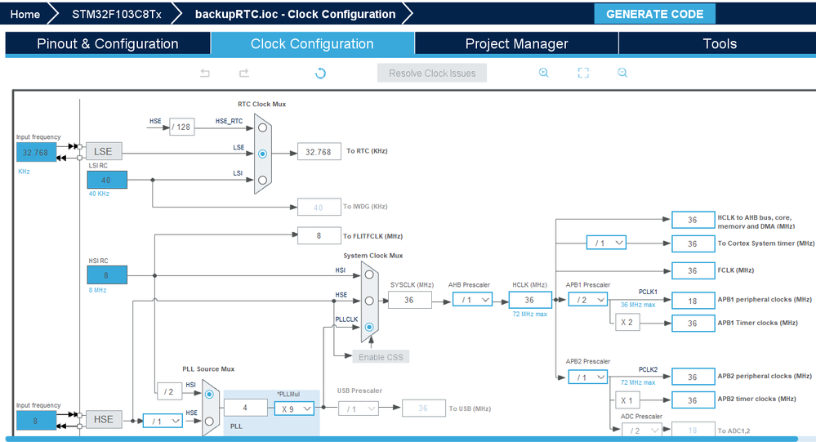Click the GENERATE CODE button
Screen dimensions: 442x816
654,14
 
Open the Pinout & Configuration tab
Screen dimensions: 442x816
108,44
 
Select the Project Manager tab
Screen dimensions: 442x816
516,44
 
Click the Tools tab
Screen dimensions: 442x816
720,44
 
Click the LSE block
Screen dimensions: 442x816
104,151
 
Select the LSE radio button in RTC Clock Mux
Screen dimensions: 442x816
262,153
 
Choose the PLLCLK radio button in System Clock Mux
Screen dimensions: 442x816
369,327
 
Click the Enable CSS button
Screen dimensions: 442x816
380,356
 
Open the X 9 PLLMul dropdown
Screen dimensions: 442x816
294,408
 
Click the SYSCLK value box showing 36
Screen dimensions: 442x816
409,300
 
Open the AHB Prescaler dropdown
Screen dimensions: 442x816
473,300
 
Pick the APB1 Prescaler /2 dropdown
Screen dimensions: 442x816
586,300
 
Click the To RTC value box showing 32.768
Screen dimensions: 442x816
319,152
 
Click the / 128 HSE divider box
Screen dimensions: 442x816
182,127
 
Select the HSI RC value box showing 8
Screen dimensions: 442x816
107,276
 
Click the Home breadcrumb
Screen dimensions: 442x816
25,14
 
